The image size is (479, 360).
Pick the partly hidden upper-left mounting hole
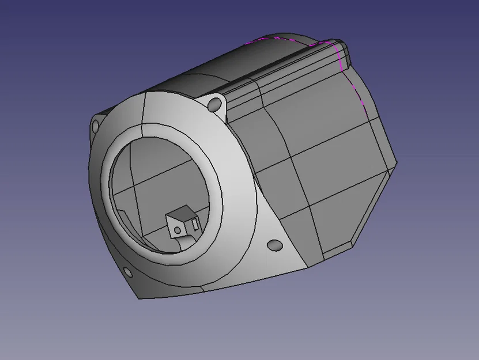pos(94,125)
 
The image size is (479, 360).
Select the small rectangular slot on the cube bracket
pos(195,222)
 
